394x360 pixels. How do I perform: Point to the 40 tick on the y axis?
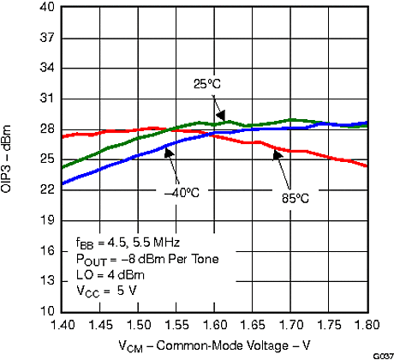click(x=48, y=8)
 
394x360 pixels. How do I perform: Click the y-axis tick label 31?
click(x=48, y=99)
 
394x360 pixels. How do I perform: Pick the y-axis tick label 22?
click(x=48, y=189)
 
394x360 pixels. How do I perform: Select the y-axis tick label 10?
click(x=48, y=310)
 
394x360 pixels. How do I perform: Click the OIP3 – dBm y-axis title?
click(x=18, y=159)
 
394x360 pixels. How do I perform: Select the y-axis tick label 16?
click(x=48, y=250)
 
